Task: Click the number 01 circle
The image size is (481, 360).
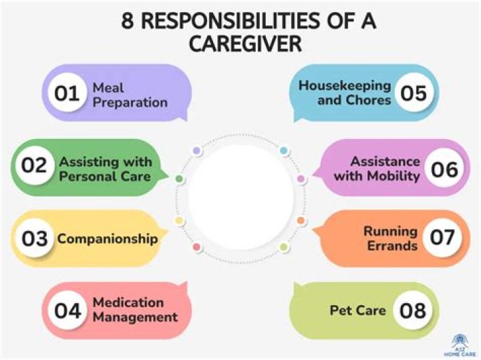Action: pyautogui.click(x=67, y=94)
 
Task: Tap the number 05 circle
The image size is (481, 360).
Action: pyautogui.click(x=414, y=94)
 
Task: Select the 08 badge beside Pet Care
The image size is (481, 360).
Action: pyautogui.click(x=412, y=311)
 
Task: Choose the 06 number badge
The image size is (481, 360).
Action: pyautogui.click(x=444, y=168)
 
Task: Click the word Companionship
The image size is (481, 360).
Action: pyautogui.click(x=108, y=238)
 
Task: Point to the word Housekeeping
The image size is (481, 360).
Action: pyautogui.click(x=344, y=86)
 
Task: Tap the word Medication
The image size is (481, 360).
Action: pyautogui.click(x=128, y=303)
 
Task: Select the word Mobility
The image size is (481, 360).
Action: pyautogui.click(x=397, y=176)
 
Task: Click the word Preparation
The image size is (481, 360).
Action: pyautogui.click(x=130, y=102)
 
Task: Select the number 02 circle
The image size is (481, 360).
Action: pyautogui.click(x=33, y=167)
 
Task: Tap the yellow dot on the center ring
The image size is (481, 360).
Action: pyautogui.click(x=179, y=221)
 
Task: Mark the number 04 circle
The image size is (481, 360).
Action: pyautogui.click(x=67, y=311)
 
